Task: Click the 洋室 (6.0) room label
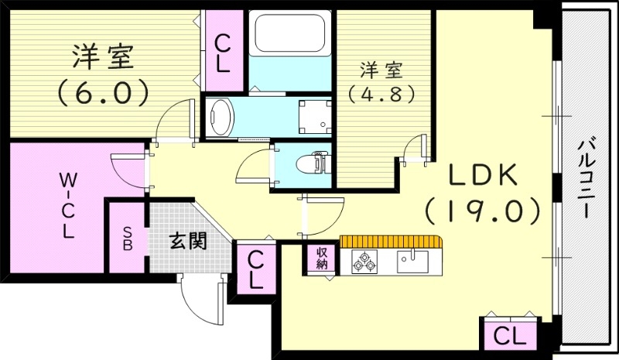104,74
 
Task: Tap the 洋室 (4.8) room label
381,81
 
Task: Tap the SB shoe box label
126,238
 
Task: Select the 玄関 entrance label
187,242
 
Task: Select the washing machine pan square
315,115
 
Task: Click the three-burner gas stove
363,261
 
